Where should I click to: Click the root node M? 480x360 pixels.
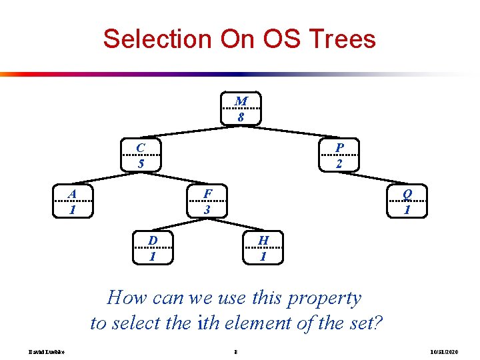tap(241, 109)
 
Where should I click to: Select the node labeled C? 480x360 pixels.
tap(141, 155)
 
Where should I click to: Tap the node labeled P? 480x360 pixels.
tap(339, 155)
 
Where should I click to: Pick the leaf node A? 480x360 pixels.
tap(73, 201)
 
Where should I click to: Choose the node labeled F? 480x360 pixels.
tap(207, 201)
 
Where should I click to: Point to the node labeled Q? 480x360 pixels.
tap(407, 201)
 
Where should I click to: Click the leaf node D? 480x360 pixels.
tap(153, 247)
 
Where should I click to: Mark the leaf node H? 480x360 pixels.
tap(263, 247)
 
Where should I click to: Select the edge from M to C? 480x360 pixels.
tap(191, 132)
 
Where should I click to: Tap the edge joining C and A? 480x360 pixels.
tap(107, 178)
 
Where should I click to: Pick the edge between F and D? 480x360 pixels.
tap(180, 224)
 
